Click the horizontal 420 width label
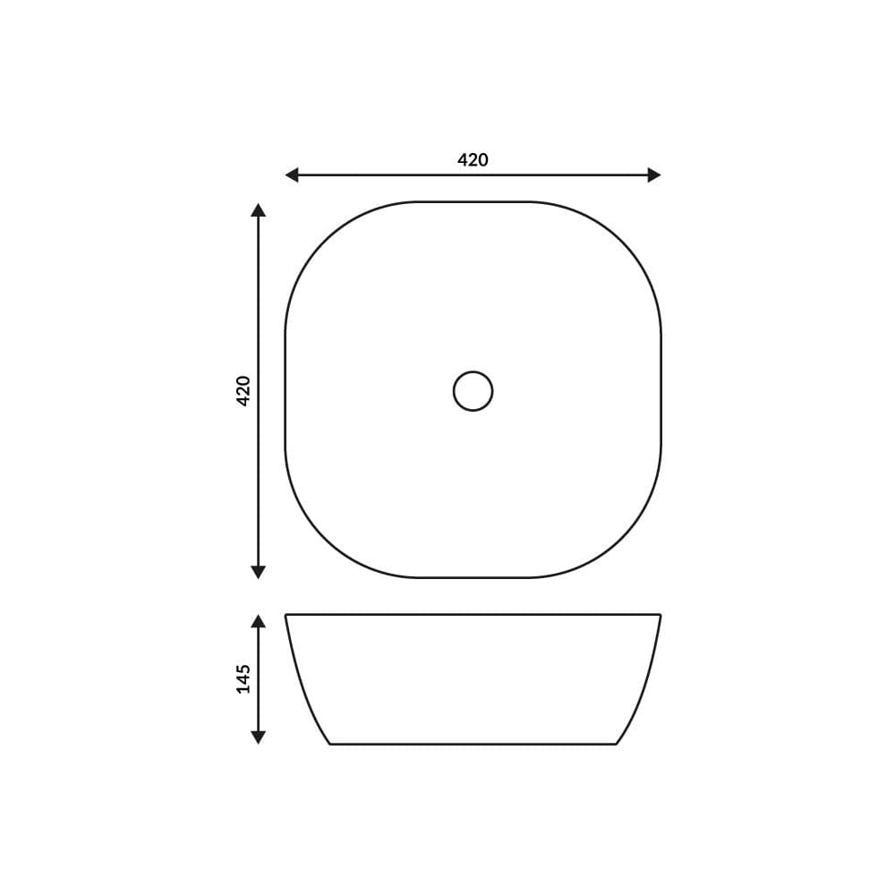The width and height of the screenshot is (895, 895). tap(473, 160)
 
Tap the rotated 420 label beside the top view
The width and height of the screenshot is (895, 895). tap(243, 391)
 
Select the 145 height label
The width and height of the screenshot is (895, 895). tap(243, 678)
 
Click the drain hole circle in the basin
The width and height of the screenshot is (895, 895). tap(473, 391)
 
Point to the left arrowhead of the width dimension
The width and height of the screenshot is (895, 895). tap(292, 175)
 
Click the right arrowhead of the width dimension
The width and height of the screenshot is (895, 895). tap(654, 175)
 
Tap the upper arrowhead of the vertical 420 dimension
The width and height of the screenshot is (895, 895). tap(259, 210)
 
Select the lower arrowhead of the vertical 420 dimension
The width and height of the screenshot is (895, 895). tap(259, 572)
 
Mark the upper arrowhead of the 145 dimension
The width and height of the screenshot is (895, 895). tap(259, 621)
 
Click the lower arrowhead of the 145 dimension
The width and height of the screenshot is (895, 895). tap(259, 737)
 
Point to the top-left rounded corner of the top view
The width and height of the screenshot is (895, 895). tap(324, 241)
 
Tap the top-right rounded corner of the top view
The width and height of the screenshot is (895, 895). tap(622, 241)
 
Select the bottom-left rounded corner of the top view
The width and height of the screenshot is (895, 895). tap(324, 540)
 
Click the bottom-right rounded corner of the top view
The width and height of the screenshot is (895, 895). tap(622, 540)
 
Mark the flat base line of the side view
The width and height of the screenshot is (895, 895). tap(473, 744)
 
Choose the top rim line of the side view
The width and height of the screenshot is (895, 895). tap(473, 615)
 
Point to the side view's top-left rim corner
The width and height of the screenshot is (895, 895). tap(286, 616)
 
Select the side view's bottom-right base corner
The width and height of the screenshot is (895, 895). tap(615, 743)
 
